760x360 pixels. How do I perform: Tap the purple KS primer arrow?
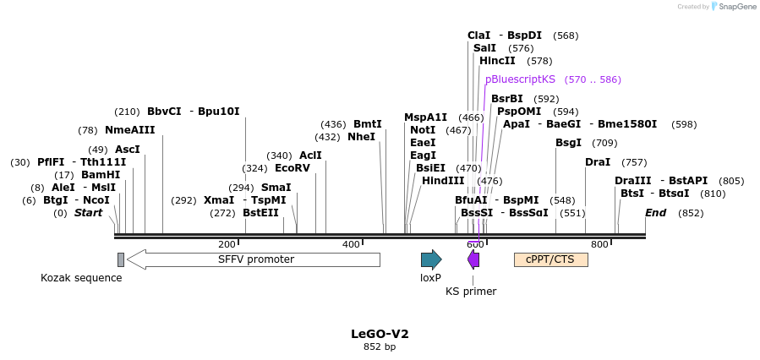click(x=473, y=259)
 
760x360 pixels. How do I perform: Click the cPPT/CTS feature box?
click(x=550, y=259)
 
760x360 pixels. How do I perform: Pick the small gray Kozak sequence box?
click(x=121, y=259)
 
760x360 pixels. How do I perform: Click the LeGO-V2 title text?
click(x=380, y=334)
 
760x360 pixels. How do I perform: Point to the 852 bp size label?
click(x=380, y=346)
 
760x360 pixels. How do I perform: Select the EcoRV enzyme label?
click(x=293, y=168)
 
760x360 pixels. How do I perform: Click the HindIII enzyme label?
click(x=443, y=181)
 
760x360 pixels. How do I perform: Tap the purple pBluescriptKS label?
click(x=520, y=79)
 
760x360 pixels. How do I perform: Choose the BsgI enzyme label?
click(x=568, y=143)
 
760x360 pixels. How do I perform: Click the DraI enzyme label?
click(x=598, y=162)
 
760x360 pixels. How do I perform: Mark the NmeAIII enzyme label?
click(x=130, y=130)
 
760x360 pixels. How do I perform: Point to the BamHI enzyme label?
click(x=101, y=175)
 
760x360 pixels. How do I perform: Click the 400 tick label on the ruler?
click(x=351, y=244)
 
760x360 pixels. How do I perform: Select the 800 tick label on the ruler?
click(x=599, y=244)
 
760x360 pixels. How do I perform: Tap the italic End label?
click(x=656, y=213)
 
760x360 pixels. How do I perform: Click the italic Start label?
click(x=88, y=213)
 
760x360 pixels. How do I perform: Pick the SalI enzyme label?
click(x=484, y=48)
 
